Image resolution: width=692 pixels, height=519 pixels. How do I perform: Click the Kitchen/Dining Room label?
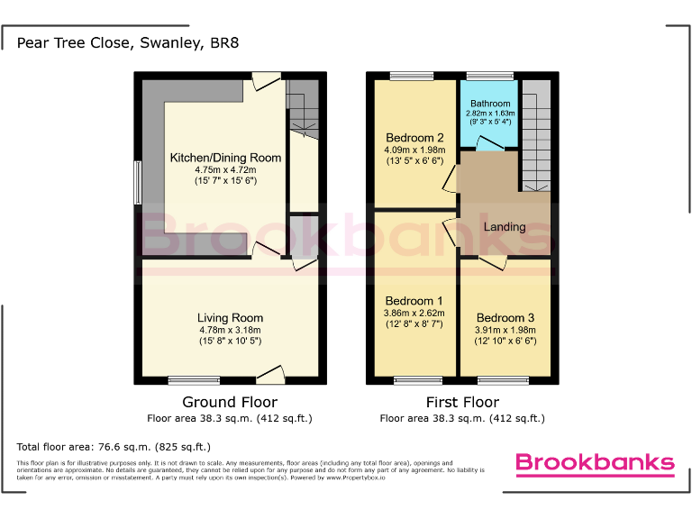point(226,158)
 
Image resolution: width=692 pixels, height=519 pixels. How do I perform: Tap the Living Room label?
point(231,317)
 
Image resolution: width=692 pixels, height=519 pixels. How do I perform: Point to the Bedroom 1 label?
point(414,300)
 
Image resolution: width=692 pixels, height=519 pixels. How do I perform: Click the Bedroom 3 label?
point(505,317)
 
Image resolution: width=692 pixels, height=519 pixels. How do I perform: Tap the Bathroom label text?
point(489,104)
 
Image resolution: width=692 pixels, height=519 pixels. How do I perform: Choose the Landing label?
point(505,226)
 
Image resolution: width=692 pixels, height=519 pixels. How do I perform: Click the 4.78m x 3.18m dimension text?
point(231,330)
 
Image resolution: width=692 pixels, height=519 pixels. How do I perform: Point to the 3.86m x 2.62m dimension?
point(414,313)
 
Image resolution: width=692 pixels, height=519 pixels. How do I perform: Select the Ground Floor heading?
point(230,402)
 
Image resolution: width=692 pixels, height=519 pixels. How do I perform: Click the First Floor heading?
point(462,402)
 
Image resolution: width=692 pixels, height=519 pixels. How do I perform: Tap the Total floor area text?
point(114,447)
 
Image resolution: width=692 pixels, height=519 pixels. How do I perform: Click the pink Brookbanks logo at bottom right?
point(594,463)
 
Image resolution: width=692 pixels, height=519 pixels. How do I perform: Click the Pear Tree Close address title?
point(128,42)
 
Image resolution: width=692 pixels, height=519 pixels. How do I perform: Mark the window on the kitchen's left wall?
point(138,182)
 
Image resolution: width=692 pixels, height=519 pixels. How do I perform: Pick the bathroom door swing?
point(490,142)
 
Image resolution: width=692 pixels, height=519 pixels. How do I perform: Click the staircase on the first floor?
point(535,135)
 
